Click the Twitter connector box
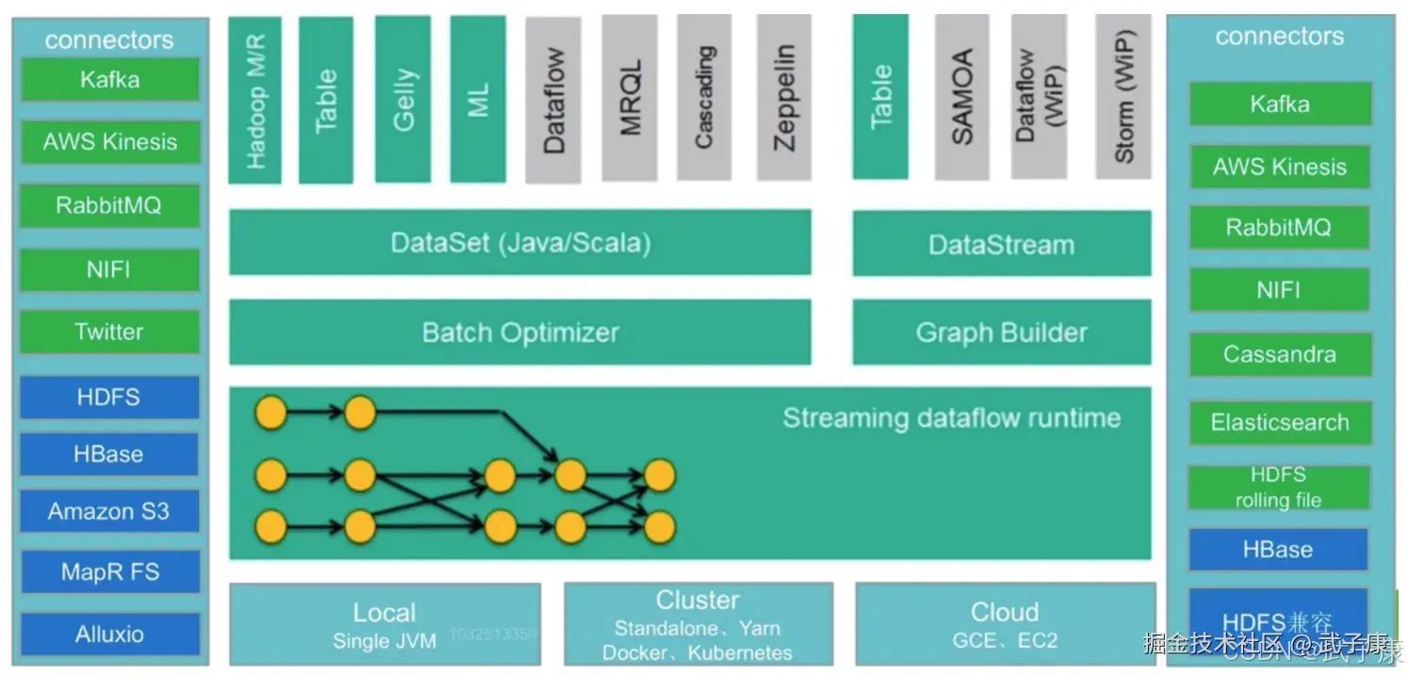[x=109, y=331]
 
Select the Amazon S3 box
[x=109, y=511]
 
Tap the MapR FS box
[x=109, y=571]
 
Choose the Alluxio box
[x=109, y=634]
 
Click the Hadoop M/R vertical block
[x=254, y=101]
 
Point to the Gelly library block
[x=402, y=99]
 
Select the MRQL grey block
[x=630, y=99]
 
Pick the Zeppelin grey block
[x=783, y=99]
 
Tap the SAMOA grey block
[x=961, y=97]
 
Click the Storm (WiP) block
[x=1123, y=97]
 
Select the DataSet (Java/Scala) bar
[x=520, y=243]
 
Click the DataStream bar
[x=1001, y=245]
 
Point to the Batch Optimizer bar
[x=520, y=332]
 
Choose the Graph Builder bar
[x=1001, y=332]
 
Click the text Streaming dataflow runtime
[x=952, y=418]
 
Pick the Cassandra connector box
[x=1279, y=354]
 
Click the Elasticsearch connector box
[x=1279, y=422]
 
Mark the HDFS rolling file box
[x=1278, y=488]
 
